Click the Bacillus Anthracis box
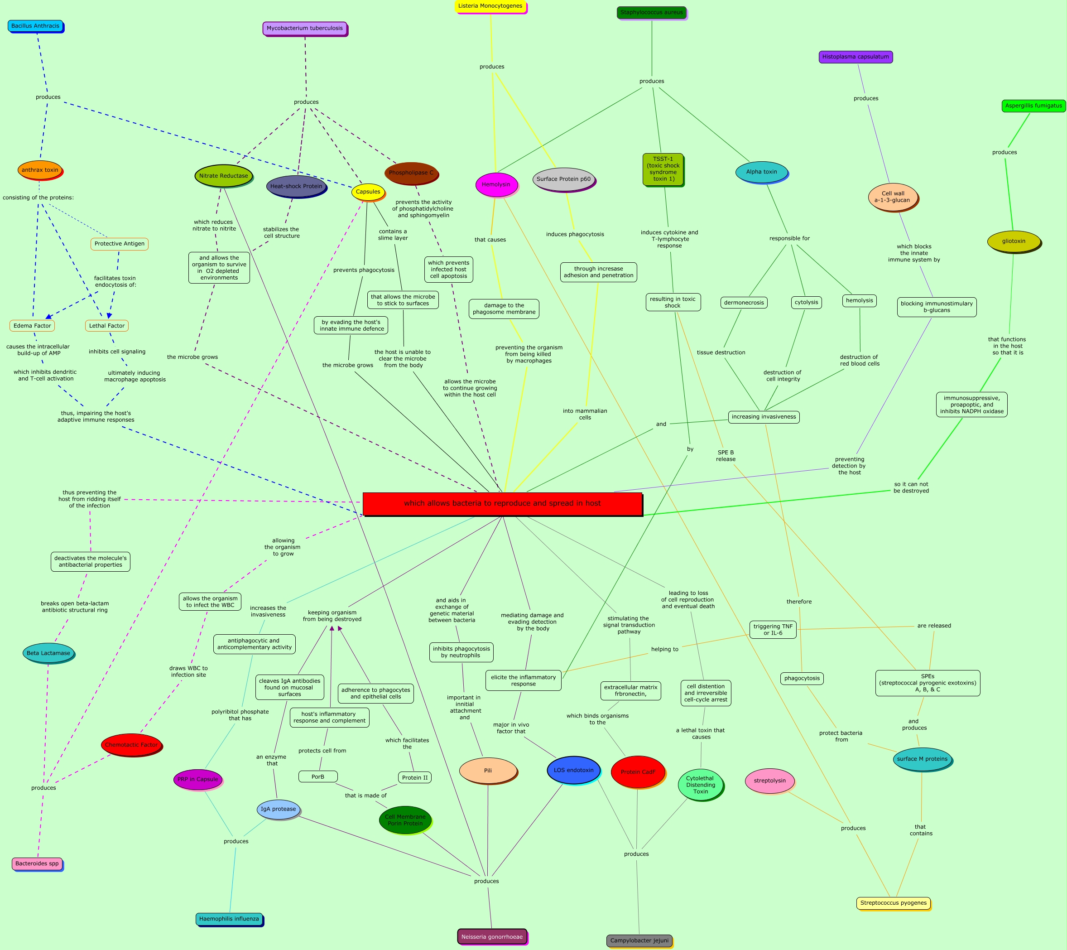pyautogui.click(x=35, y=26)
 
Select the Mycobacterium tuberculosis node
pyautogui.click(x=304, y=28)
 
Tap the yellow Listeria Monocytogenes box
pyautogui.click(x=490, y=6)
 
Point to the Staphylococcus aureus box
pyautogui.click(x=651, y=13)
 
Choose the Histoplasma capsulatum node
pyautogui.click(x=855, y=57)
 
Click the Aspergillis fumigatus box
pyautogui.click(x=1033, y=106)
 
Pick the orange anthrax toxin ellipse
pyautogui.click(x=40, y=170)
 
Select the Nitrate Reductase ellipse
pyautogui.click(x=223, y=176)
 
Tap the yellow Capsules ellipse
pyautogui.click(x=368, y=192)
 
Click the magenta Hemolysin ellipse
pyautogui.click(x=496, y=184)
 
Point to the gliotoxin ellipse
pyautogui.click(x=1013, y=241)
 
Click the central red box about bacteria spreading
pyautogui.click(x=502, y=503)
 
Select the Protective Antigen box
pyautogui.click(x=120, y=244)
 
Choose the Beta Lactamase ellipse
pyautogui.click(x=48, y=653)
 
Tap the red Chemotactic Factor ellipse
pyautogui.click(x=131, y=745)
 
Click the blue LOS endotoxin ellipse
pyautogui.click(x=573, y=770)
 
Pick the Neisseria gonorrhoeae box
pyautogui.click(x=492, y=936)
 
